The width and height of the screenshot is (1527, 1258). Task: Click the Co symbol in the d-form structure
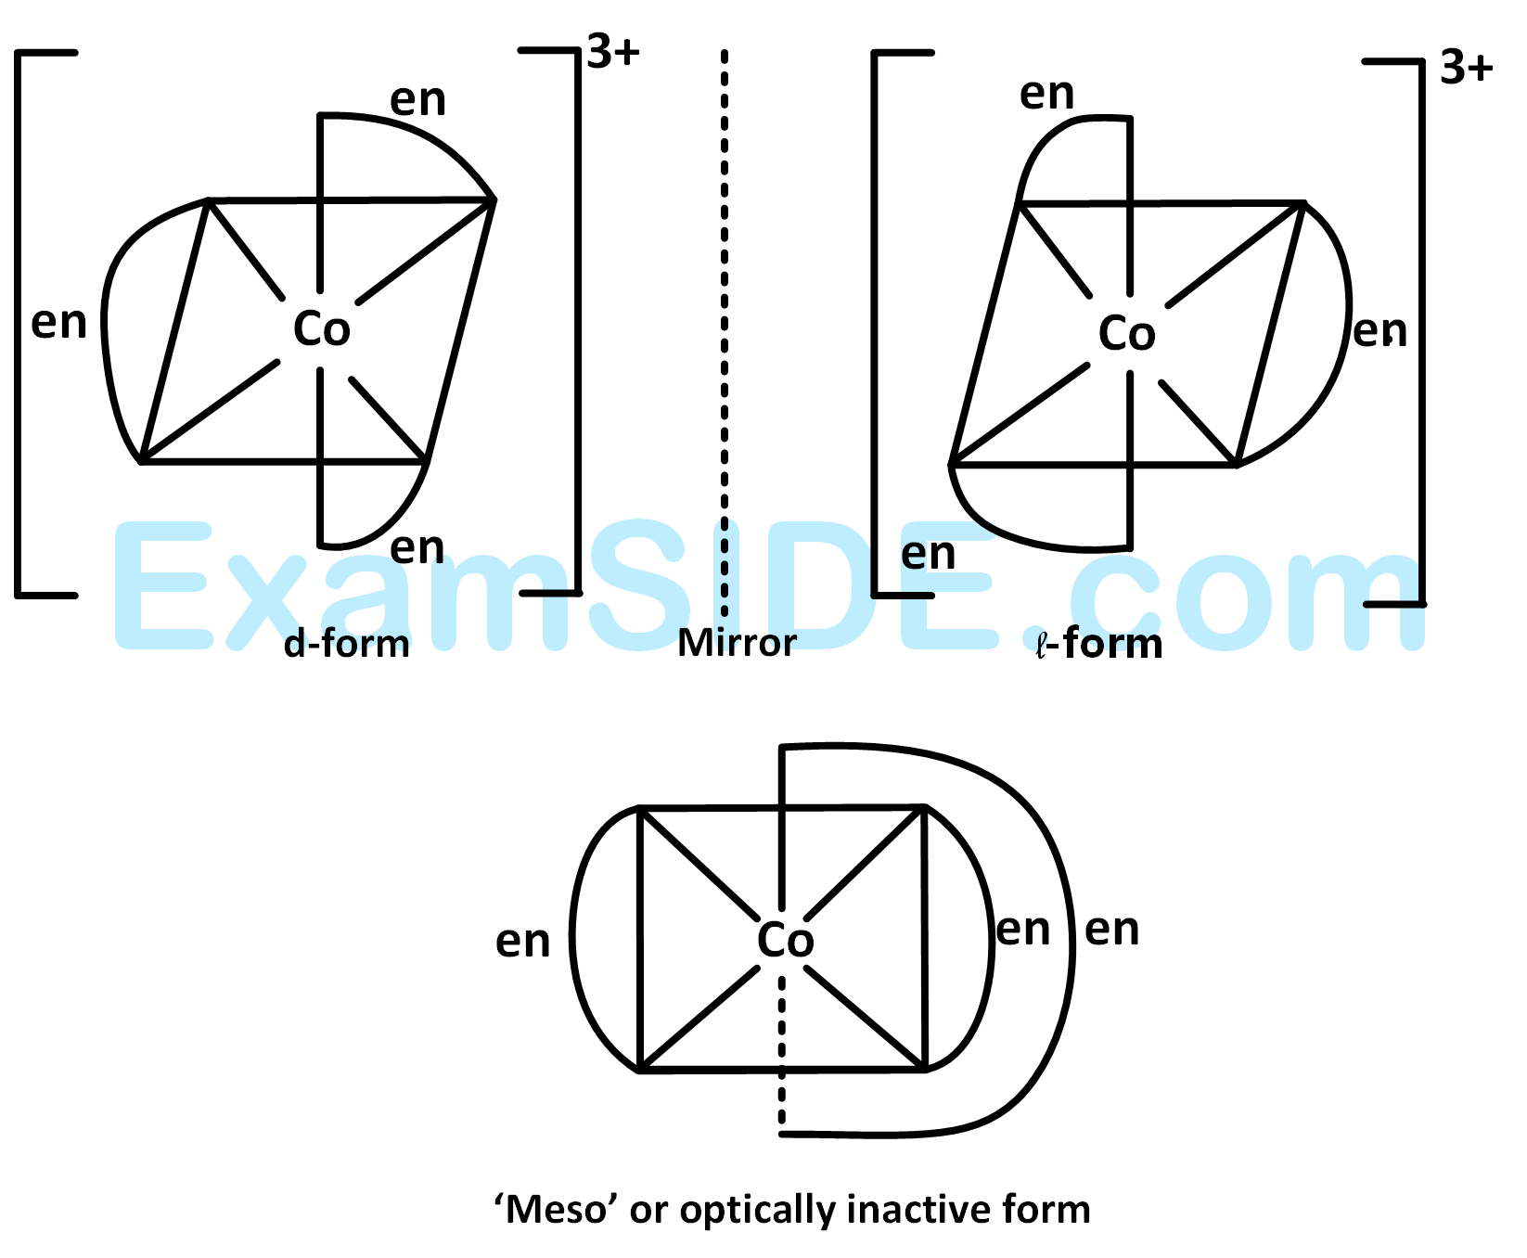(x=321, y=329)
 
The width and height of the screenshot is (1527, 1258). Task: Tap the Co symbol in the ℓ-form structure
(x=1127, y=334)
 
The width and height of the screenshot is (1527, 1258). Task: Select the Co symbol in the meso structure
(x=785, y=941)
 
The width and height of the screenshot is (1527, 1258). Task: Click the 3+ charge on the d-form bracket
(x=613, y=53)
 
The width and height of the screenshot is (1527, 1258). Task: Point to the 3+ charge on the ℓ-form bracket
(x=1466, y=68)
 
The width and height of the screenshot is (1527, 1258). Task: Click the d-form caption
(x=346, y=643)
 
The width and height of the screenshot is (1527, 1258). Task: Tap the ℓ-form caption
(x=1099, y=643)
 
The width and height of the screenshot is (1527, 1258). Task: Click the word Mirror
(x=737, y=643)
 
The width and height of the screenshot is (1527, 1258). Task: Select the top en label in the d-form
(x=417, y=100)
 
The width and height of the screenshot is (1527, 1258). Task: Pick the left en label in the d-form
(x=58, y=323)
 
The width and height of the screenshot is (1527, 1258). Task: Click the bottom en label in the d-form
(x=417, y=548)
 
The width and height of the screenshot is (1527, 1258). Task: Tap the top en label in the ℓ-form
(x=1046, y=94)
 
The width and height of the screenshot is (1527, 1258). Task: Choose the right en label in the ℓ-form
(x=1379, y=331)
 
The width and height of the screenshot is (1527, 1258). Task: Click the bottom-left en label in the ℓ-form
(x=928, y=555)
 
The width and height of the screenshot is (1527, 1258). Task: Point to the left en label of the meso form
(x=522, y=942)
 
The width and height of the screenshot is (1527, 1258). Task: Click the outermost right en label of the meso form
(x=1111, y=930)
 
